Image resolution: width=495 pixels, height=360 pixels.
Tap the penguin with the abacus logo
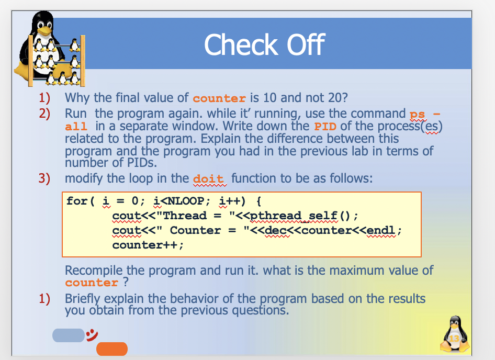(49, 52)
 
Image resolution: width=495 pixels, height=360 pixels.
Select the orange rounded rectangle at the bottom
(112, 348)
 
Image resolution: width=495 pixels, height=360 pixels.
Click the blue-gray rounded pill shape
(67, 335)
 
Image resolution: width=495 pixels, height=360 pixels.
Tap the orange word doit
(209, 178)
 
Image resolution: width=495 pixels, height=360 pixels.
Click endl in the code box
(384, 231)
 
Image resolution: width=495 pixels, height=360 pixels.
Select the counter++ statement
(148, 245)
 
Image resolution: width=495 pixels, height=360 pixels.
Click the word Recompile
(95, 271)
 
